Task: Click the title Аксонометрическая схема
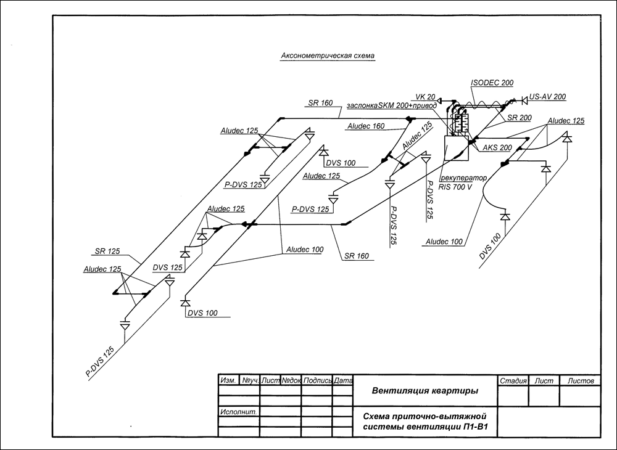coord(328,56)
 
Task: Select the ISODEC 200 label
coord(492,83)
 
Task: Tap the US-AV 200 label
coord(547,96)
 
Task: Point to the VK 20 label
coord(425,97)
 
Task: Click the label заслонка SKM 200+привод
coord(392,106)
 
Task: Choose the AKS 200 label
coord(497,148)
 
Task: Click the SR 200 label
coord(519,118)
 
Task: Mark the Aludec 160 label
coord(366,126)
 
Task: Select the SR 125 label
coord(107,251)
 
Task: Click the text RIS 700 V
coord(455,187)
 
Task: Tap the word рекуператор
coord(463,178)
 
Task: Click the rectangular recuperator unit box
coord(457,148)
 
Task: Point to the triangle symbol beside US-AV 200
coord(524,100)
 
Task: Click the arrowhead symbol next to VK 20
coord(439,100)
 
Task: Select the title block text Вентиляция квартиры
coord(425,391)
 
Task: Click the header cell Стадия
coord(513,380)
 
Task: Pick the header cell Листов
coord(581,380)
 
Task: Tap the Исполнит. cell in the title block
coord(239,412)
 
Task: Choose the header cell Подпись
coord(317,380)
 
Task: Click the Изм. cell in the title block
coord(228,380)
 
